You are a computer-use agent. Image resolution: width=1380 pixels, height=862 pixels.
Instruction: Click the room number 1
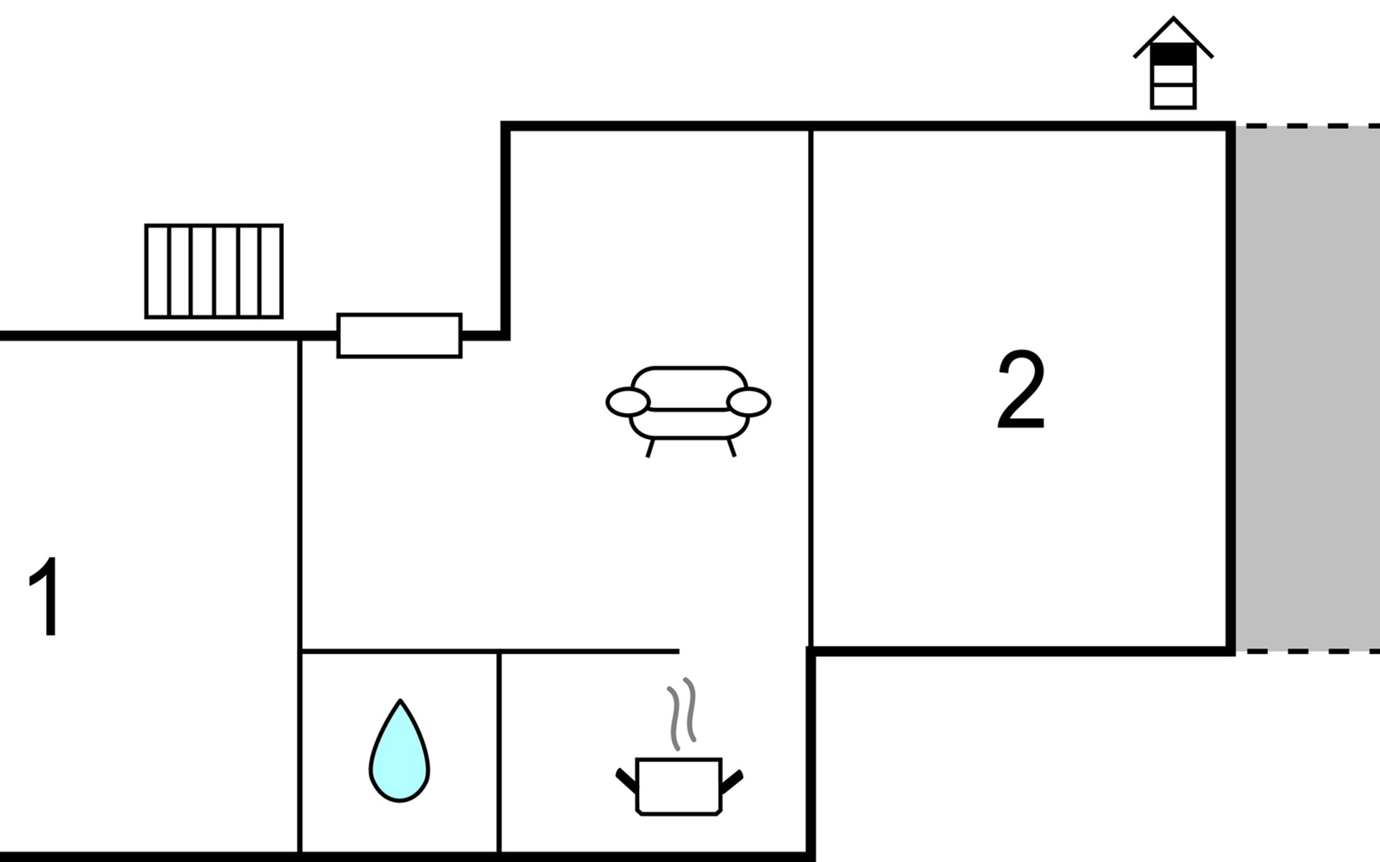pyautogui.click(x=45, y=596)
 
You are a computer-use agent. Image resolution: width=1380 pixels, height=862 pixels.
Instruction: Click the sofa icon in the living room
pyautogui.click(x=689, y=406)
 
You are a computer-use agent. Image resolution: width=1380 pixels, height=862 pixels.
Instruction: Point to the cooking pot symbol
pyautogui.click(x=678, y=786)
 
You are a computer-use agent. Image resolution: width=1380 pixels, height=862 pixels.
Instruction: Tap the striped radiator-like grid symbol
pyautogui.click(x=213, y=271)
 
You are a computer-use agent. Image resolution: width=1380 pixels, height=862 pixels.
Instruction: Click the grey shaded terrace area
pyautogui.click(x=1307, y=388)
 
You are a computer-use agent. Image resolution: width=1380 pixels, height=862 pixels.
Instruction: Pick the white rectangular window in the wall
pyautogui.click(x=399, y=335)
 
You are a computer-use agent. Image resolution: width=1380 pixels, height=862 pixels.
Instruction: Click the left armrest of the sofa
pyautogui.click(x=627, y=402)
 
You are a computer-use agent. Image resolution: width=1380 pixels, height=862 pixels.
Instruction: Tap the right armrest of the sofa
pyautogui.click(x=749, y=402)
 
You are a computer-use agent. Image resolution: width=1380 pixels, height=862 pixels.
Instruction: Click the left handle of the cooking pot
pyautogui.click(x=626, y=781)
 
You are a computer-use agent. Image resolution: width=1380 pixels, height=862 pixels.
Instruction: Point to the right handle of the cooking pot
pyautogui.click(x=732, y=781)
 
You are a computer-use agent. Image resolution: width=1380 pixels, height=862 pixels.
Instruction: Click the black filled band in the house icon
pyautogui.click(x=1173, y=53)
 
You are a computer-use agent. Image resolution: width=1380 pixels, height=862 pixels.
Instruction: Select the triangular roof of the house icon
pyautogui.click(x=1173, y=32)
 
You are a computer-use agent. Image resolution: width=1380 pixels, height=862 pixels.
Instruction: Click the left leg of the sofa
pyautogui.click(x=650, y=448)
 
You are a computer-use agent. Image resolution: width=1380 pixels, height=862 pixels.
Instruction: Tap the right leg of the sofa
pyautogui.click(x=732, y=448)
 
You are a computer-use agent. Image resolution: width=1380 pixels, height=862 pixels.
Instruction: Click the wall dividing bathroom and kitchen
pyautogui.click(x=499, y=754)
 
